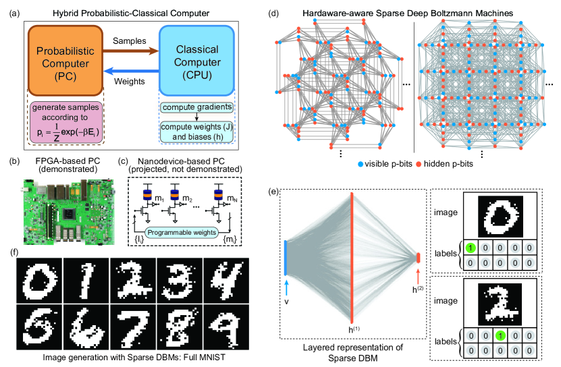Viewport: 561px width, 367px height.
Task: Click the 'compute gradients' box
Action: tap(196, 107)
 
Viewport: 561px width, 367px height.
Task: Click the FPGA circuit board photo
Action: tap(61, 210)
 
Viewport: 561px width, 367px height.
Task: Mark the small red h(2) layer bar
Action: tap(419, 257)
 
